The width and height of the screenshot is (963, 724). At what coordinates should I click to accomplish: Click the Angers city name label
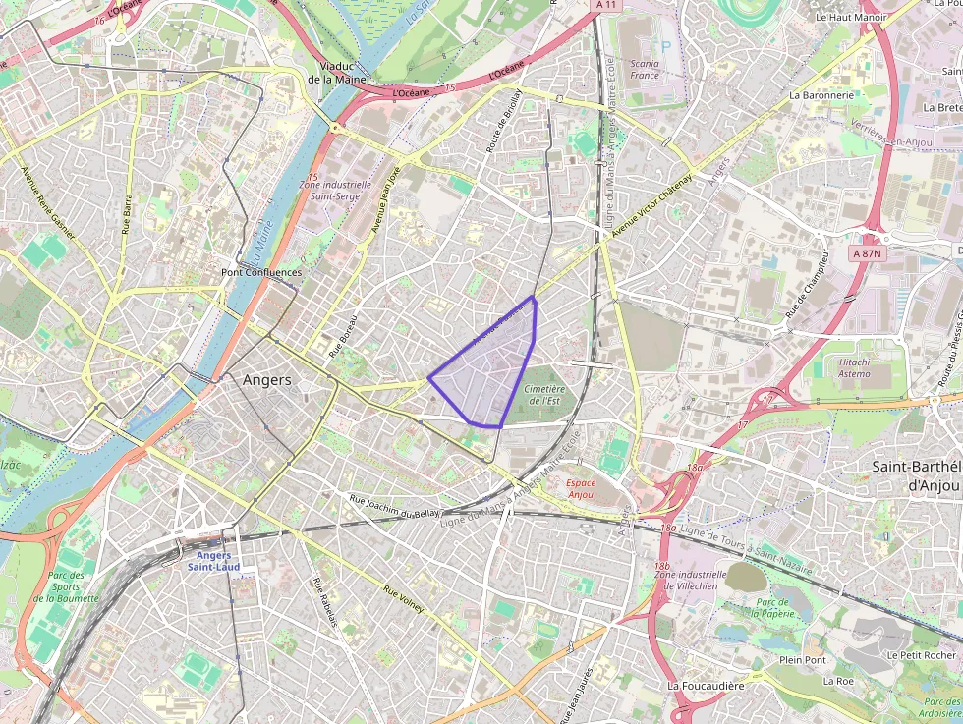click(266, 380)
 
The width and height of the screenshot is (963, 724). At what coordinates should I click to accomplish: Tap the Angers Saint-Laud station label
click(213, 561)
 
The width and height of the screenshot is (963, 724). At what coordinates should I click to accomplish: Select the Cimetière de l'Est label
click(546, 395)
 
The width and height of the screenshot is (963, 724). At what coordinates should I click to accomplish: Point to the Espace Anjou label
click(582, 489)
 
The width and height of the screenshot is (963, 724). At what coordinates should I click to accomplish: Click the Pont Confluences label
click(261, 272)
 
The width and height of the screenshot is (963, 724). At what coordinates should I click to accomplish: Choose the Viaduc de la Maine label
click(336, 72)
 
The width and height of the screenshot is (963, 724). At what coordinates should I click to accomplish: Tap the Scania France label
click(645, 69)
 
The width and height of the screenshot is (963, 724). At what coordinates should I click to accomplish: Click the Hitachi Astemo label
click(854, 367)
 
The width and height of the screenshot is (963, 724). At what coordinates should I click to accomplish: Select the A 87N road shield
click(868, 252)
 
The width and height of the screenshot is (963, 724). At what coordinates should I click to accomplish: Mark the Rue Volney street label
click(404, 600)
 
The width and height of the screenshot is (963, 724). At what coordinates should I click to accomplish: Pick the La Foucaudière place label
click(706, 685)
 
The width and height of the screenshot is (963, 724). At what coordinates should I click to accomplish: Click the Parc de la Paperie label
click(773, 608)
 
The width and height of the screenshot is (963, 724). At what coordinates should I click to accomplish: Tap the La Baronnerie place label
click(821, 95)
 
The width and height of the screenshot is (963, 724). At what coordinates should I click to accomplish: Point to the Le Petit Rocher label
click(921, 655)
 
